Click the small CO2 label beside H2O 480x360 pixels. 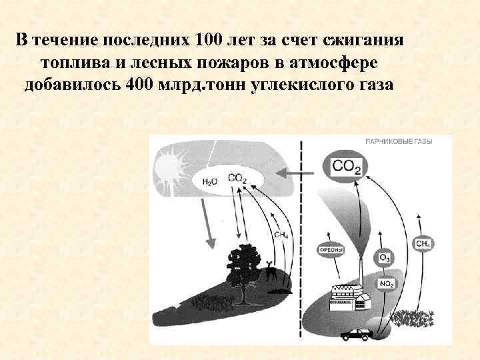pos(237,179)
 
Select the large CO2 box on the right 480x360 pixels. pos(346,166)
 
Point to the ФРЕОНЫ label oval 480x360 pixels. pos(332,251)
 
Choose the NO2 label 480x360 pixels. pos(386,283)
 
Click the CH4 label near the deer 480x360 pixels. pos(281,235)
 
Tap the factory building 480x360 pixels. pos(351,297)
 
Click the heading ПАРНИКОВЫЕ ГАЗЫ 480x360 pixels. pos(398,142)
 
